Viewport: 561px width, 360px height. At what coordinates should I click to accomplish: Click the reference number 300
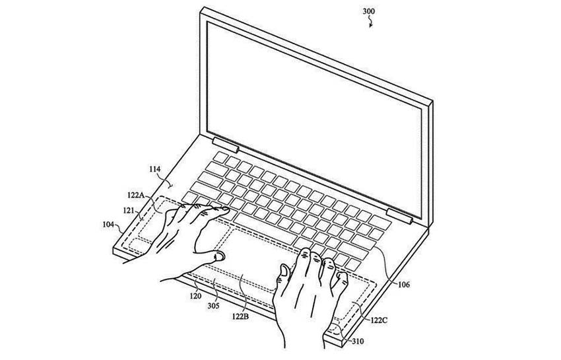(x=368, y=11)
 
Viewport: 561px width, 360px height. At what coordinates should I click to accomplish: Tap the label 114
(x=155, y=169)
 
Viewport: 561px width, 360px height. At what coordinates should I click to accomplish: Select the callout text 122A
(x=135, y=196)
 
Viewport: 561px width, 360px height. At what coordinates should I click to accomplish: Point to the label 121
(x=129, y=210)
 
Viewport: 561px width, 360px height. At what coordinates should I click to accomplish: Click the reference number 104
(x=108, y=225)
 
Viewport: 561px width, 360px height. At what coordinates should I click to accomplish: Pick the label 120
(x=195, y=296)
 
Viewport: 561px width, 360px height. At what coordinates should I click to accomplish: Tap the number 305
(x=213, y=306)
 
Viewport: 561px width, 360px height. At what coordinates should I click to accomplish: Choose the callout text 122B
(x=240, y=316)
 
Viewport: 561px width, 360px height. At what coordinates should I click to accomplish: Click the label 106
(x=403, y=285)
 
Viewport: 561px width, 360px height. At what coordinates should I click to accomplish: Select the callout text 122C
(x=379, y=320)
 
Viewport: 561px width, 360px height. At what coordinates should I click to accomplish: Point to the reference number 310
(x=358, y=342)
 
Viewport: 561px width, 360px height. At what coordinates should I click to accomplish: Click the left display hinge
(x=226, y=145)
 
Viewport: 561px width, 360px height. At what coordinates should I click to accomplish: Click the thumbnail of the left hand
(x=219, y=256)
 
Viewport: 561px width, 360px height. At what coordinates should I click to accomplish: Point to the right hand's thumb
(x=284, y=274)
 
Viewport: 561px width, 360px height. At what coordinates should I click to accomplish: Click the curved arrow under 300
(x=371, y=22)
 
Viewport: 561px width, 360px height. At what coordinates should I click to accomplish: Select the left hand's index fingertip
(x=224, y=210)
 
